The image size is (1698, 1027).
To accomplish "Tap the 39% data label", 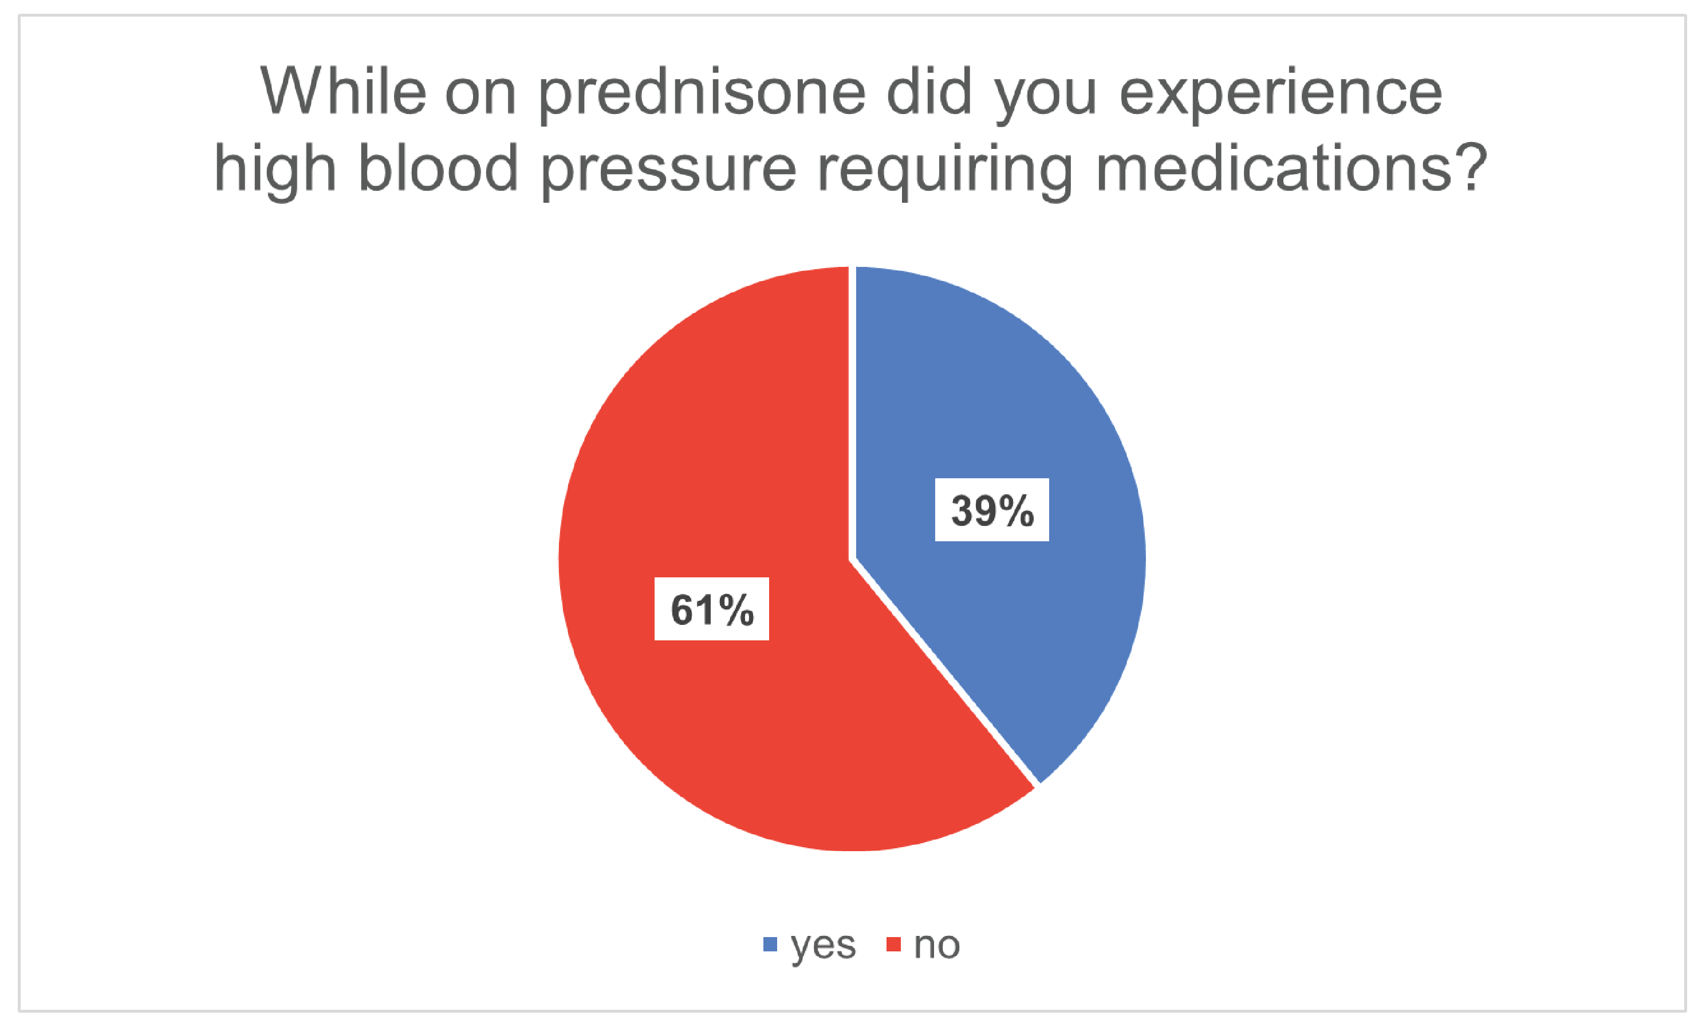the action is tap(992, 510).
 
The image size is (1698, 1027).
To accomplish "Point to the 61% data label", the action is tap(711, 609).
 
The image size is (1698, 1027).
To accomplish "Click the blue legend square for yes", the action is tap(770, 945).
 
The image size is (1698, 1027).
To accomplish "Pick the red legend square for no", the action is tap(893, 945).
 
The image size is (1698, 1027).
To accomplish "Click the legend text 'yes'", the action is tap(823, 946).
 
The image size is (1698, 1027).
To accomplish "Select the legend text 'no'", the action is tap(936, 945).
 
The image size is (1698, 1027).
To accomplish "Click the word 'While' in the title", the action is tap(342, 91).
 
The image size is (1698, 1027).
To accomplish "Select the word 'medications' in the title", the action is tap(1274, 167).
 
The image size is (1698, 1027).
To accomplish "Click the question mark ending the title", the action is tap(1470, 167).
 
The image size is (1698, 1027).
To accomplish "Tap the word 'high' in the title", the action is tap(275, 172).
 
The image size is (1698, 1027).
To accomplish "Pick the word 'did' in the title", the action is tap(929, 91).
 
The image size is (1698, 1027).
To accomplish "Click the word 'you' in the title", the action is tap(1045, 101).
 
